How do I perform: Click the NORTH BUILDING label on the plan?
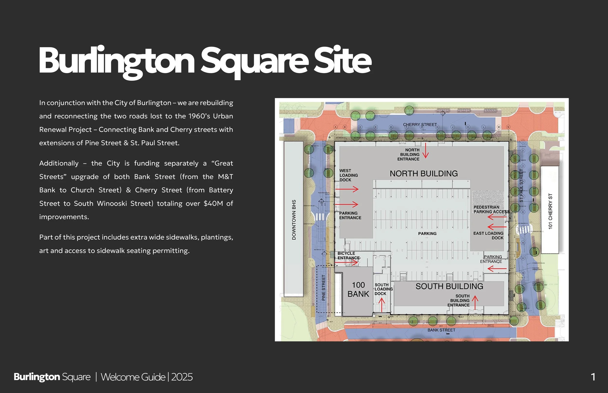point(424,173)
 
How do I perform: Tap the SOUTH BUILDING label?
point(449,286)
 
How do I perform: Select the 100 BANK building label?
point(358,290)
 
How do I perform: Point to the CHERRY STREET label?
point(420,125)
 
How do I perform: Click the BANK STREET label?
point(441,330)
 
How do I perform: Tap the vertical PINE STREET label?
point(323,288)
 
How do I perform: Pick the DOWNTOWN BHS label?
point(294,220)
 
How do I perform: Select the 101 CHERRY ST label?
point(550,211)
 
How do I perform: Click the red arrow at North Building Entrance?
point(425,151)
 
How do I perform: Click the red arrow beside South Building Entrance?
point(475,302)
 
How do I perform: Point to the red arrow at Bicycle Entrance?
point(347,262)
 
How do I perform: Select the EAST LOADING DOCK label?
point(488,236)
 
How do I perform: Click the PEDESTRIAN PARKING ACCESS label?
point(491,210)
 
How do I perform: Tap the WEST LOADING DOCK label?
point(348,175)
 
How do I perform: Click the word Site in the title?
point(342,61)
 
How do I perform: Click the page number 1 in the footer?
point(593,377)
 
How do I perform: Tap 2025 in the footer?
point(182,377)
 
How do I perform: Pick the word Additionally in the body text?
point(59,163)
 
